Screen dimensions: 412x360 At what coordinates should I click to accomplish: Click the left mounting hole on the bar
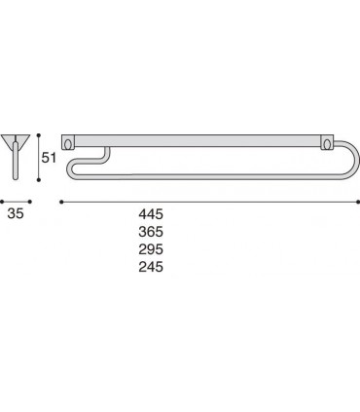68,139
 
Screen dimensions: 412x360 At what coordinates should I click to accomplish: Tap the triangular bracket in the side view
17,137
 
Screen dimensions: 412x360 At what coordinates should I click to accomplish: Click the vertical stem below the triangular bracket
17,164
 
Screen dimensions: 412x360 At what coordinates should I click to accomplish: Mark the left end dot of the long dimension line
62,202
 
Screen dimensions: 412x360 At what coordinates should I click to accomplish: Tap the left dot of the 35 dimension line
3,202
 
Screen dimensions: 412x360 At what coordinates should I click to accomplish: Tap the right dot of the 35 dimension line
30,202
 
